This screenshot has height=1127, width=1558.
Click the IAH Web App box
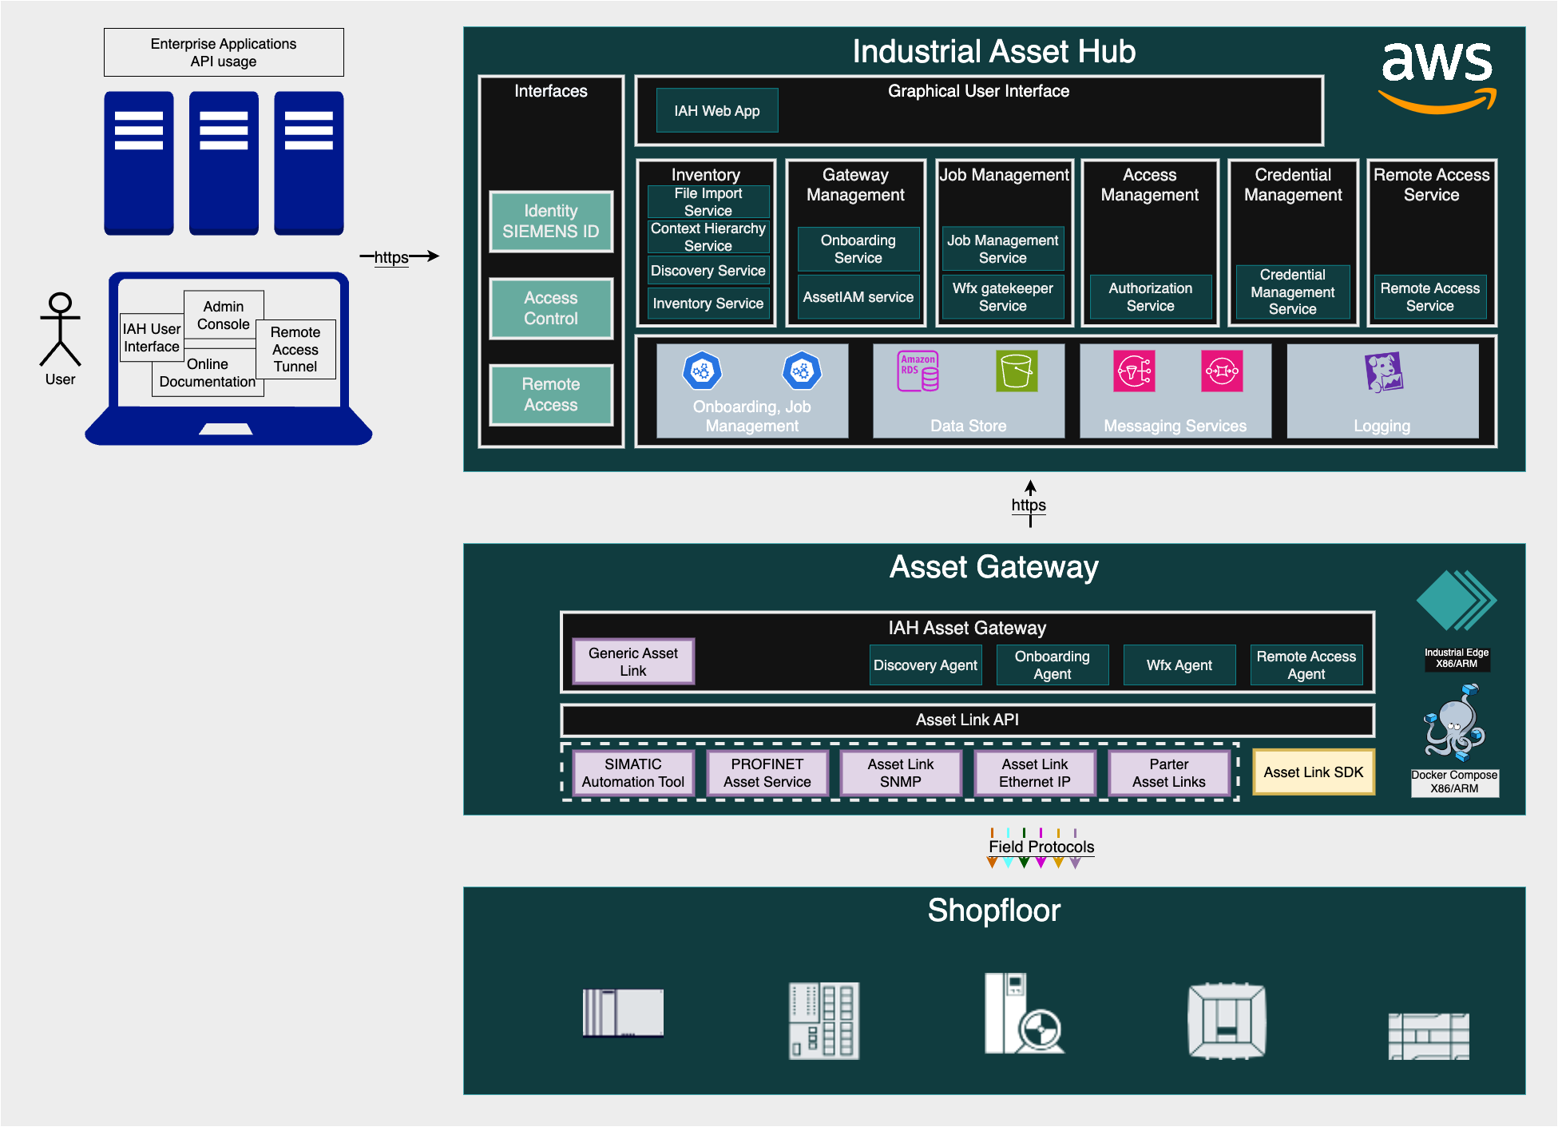point(716,110)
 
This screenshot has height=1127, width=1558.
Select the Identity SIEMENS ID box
point(550,221)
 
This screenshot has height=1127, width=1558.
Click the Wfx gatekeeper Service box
point(1002,297)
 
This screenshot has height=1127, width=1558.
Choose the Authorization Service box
point(1150,297)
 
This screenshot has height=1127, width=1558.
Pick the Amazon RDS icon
point(918,371)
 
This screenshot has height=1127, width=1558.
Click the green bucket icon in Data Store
point(1016,371)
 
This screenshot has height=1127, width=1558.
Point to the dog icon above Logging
point(1383,372)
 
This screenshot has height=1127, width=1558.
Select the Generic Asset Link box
point(633,661)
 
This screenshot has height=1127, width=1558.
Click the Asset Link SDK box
point(1313,772)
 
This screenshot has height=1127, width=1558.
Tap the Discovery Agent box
point(925,665)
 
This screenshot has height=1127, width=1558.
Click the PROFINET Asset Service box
point(767,772)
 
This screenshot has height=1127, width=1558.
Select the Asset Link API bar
point(967,720)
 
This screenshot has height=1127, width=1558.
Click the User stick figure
point(61,329)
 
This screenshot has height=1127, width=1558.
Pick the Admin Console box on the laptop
point(224,315)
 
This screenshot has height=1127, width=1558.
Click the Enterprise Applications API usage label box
point(224,53)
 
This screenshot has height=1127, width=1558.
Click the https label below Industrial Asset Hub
point(1029,505)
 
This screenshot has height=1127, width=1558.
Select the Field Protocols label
point(1041,847)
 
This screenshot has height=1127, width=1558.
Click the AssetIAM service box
point(858,297)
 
